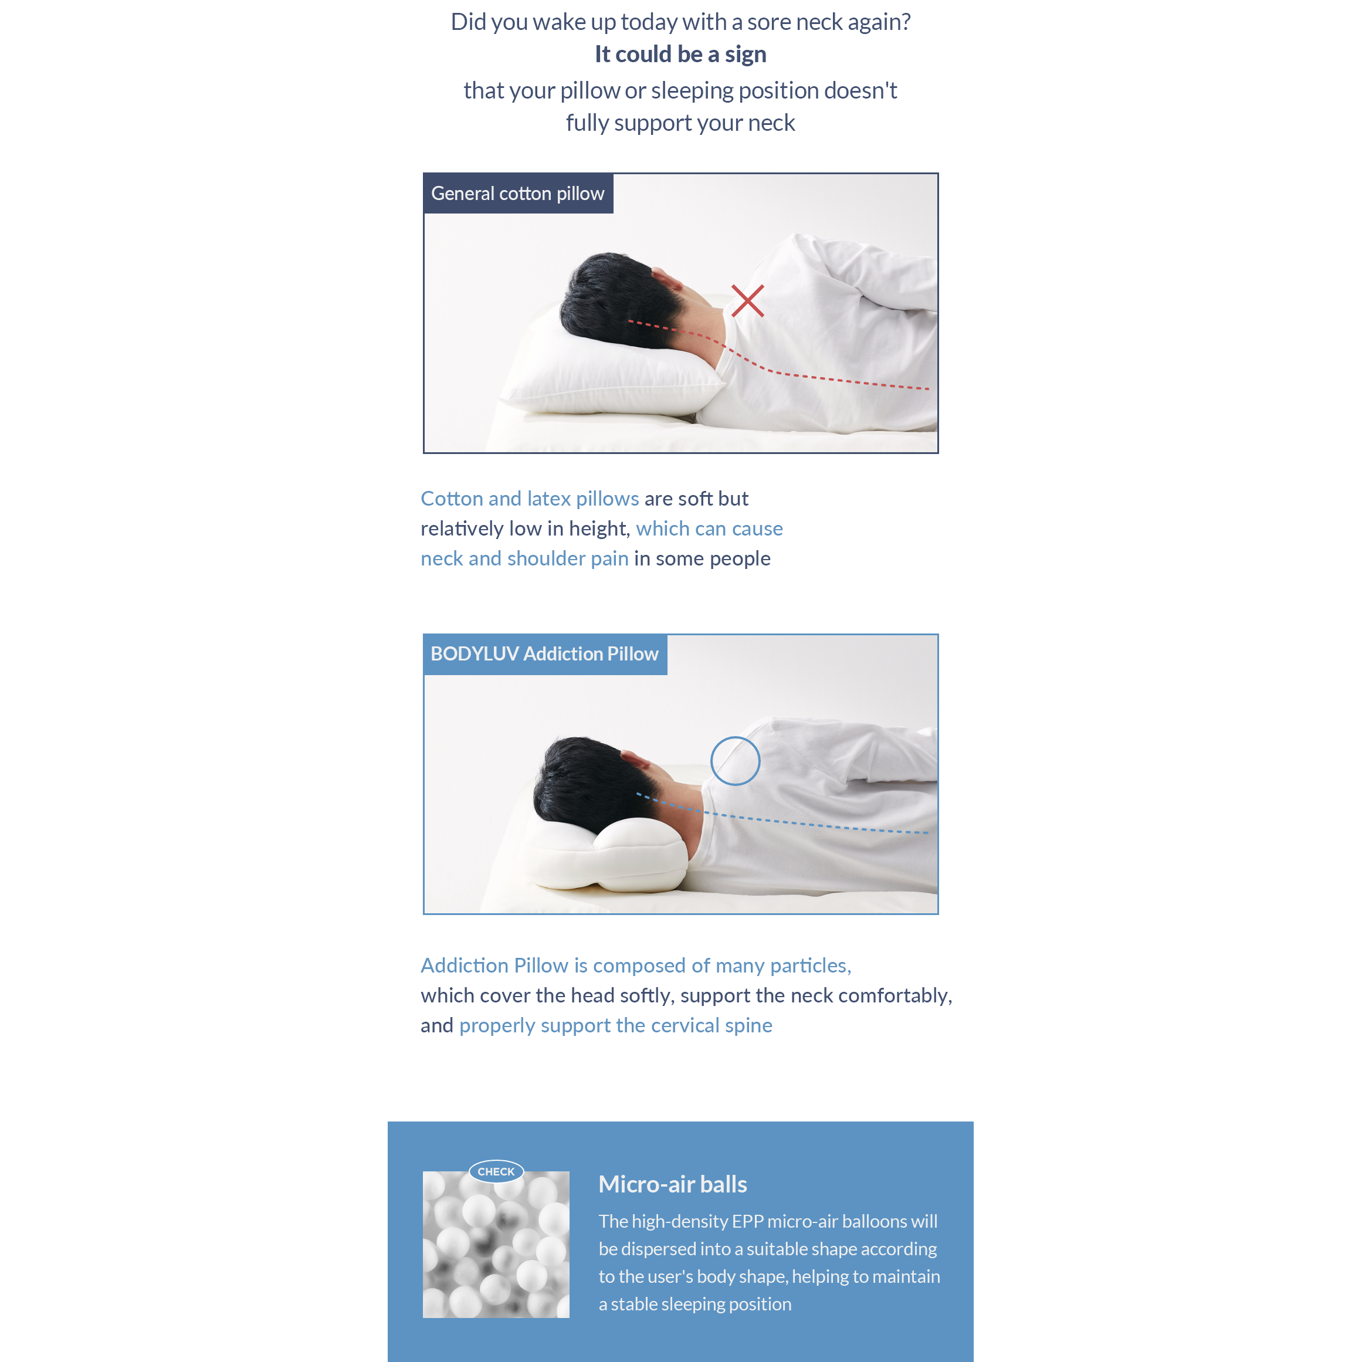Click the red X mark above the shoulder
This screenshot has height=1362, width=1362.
point(747,301)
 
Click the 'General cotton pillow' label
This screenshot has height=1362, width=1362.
point(517,193)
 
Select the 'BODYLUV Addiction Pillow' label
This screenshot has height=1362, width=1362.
point(544,653)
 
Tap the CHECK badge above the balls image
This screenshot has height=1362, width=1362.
point(496,1171)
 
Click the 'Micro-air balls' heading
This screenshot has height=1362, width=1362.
point(673,1184)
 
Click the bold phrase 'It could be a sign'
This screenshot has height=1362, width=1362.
point(680,55)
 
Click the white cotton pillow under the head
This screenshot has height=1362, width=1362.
point(607,367)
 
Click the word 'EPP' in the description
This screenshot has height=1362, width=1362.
point(747,1222)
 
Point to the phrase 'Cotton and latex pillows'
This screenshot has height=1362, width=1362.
point(530,499)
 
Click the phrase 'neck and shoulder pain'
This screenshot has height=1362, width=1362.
point(524,558)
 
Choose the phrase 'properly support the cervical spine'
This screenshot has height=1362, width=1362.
point(615,1025)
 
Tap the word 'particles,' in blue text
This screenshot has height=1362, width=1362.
point(811,965)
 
